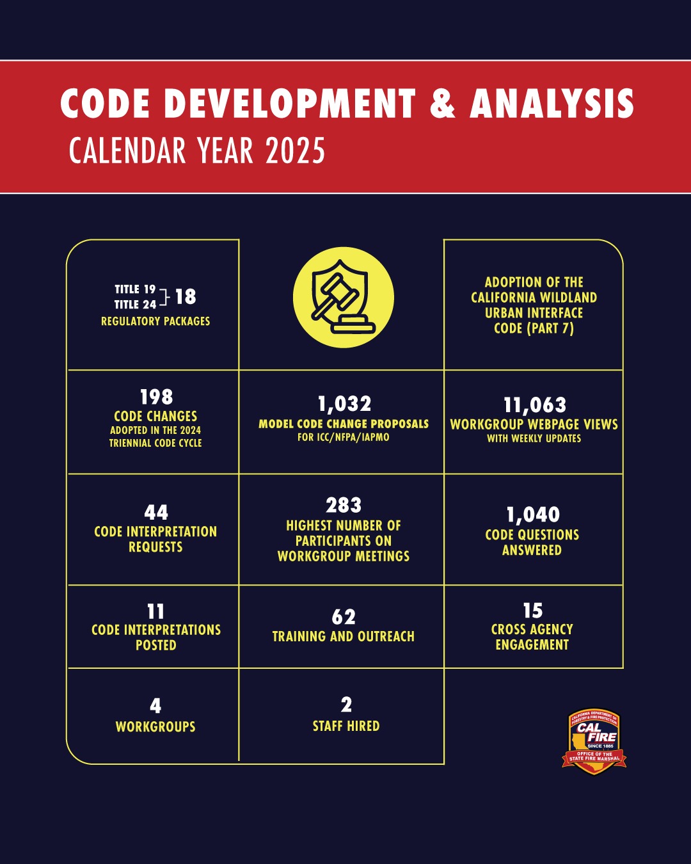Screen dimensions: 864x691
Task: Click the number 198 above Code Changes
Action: click(x=156, y=397)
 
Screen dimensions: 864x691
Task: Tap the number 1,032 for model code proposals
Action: click(x=344, y=404)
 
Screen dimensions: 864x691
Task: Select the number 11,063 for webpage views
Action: click(x=535, y=405)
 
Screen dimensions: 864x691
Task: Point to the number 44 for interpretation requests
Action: click(x=156, y=513)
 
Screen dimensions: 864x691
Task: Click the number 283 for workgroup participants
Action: click(x=344, y=506)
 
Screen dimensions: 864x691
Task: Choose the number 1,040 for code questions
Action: click(x=533, y=515)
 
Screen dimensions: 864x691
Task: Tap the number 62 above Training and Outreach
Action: click(x=344, y=617)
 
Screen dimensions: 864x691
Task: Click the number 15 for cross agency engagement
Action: click(x=532, y=611)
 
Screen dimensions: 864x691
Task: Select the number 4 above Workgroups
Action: click(x=155, y=706)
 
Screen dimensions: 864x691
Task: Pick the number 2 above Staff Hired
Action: click(x=346, y=705)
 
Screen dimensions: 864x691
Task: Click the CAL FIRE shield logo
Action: click(x=594, y=741)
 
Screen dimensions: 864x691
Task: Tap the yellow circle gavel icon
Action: click(x=344, y=298)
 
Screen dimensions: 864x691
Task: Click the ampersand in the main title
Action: click(x=443, y=103)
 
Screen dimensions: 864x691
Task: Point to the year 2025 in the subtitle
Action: click(x=295, y=151)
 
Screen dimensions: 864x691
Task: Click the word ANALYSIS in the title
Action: click(x=552, y=103)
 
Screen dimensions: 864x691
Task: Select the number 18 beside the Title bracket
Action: click(x=186, y=296)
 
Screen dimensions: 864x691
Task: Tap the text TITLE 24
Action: click(x=135, y=305)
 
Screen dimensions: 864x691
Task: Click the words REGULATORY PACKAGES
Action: click(x=155, y=321)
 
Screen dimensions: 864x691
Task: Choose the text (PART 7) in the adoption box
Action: click(x=550, y=328)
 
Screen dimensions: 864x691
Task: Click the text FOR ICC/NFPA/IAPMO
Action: click(x=343, y=438)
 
